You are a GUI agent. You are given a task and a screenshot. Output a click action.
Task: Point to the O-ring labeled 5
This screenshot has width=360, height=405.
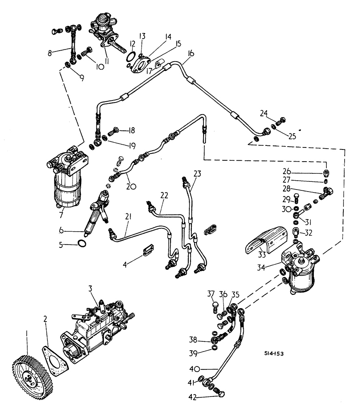pos(82,244)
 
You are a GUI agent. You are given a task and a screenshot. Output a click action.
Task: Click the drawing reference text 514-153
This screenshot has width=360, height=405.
pos(272,354)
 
